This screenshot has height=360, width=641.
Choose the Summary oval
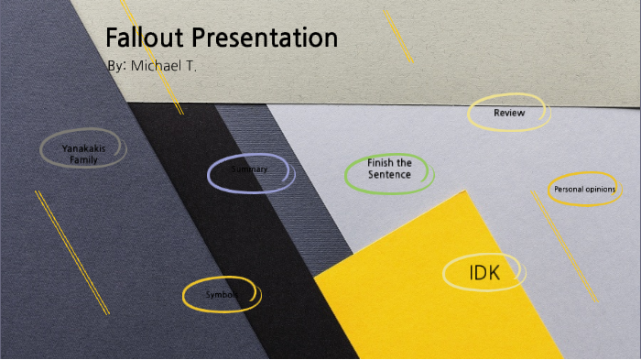(x=250, y=170)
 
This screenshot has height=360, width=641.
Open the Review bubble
(x=509, y=113)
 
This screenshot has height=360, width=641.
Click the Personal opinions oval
(x=584, y=189)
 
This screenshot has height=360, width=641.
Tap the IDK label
(x=483, y=273)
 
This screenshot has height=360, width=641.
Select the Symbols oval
(x=222, y=295)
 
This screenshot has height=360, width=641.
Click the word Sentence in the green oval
(x=389, y=174)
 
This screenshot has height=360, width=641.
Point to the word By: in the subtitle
(x=116, y=66)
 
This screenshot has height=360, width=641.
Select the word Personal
(x=569, y=189)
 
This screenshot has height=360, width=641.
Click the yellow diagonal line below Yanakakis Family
(x=71, y=252)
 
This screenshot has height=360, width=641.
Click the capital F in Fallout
(x=112, y=38)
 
